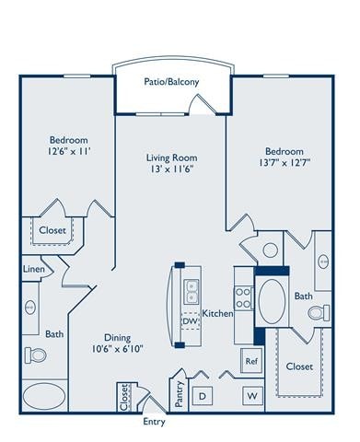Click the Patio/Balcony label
coord(171,82)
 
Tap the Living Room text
coord(172,157)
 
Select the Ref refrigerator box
coord(250,362)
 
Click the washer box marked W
coord(250,395)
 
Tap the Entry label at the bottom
coord(155,423)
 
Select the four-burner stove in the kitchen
coord(243,297)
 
